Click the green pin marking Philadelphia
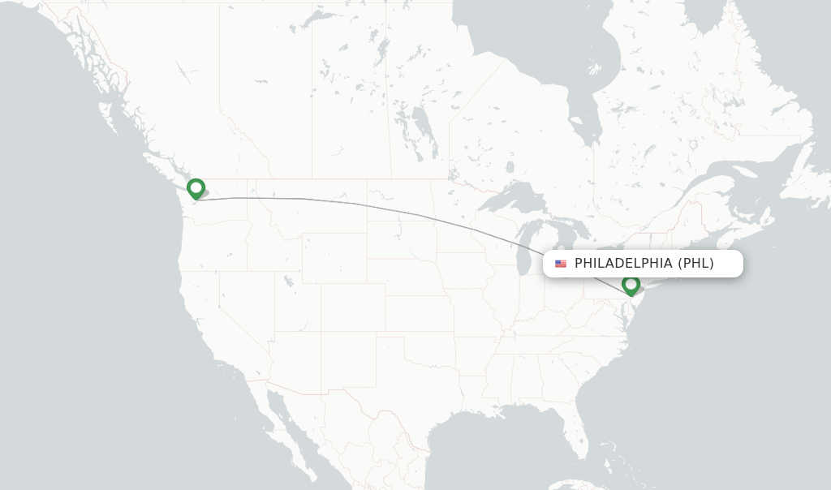631,285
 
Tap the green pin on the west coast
196,188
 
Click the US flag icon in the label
561,264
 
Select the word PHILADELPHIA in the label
623,264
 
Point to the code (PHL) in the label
695,264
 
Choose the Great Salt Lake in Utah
290,282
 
